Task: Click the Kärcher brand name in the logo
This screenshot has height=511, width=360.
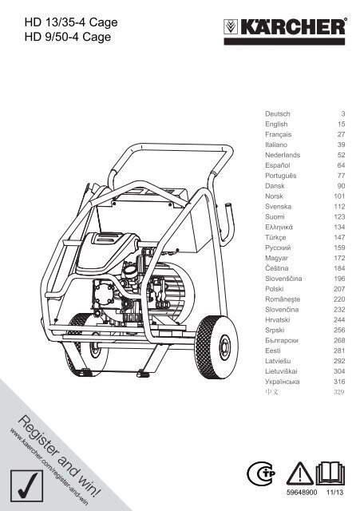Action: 293,26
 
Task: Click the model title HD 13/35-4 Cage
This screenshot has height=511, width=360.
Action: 71,22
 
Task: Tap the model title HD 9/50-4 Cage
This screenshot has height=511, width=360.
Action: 68,37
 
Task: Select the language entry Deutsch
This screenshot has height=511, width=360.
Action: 277,113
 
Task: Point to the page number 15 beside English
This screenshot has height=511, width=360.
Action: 341,125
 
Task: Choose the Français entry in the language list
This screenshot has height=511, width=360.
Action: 279,135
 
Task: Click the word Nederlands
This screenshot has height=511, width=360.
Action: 283,155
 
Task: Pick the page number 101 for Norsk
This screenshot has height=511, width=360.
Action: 339,196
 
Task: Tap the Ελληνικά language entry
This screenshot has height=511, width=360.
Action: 279,227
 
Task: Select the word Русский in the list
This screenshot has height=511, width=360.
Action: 278,248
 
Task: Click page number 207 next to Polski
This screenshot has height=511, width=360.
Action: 339,289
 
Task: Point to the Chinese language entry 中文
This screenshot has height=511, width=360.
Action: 271,392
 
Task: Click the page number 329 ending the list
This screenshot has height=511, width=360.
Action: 338,392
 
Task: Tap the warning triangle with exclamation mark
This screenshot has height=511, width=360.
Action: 300,473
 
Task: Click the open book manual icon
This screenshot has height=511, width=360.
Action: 330,473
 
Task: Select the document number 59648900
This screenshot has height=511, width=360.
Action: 302,492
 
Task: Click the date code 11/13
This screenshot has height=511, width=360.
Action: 335,492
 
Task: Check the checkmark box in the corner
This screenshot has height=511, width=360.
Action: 26,486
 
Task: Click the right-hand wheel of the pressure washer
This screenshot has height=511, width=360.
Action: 216,347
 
